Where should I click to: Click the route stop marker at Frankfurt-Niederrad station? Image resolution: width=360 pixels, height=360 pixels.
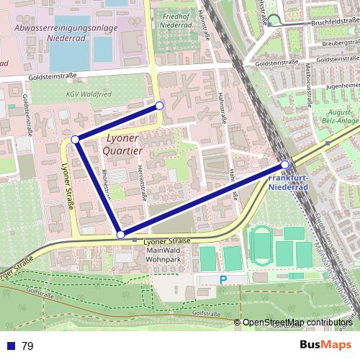pos(286,164)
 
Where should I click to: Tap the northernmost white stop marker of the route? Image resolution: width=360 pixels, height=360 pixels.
pos(160,106)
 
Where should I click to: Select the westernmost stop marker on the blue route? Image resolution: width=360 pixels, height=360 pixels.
pos(75,139)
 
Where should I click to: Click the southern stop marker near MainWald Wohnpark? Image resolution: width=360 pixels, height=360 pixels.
pos(120,234)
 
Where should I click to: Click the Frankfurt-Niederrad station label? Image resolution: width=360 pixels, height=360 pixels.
pos(289,182)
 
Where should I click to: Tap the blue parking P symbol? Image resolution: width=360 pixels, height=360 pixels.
pos(222,279)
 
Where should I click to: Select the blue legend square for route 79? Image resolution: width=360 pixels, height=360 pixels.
pos(10,346)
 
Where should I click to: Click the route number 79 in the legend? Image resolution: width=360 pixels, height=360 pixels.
pos(28,346)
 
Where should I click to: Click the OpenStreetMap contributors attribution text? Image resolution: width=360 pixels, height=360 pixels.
pos(297,323)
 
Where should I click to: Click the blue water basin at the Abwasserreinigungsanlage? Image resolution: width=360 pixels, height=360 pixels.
pos(101,48)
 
